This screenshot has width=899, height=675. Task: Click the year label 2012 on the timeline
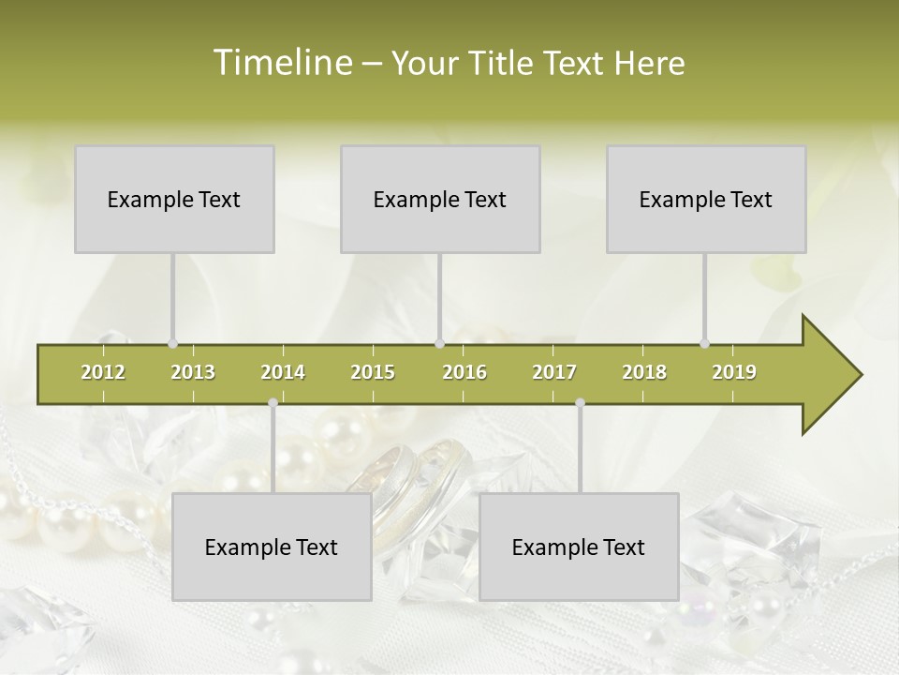[103, 372]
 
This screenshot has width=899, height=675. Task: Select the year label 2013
[193, 372]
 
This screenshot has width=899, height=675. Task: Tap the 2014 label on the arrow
[283, 372]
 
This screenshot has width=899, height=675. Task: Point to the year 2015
[373, 372]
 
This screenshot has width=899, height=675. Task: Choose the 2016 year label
[464, 372]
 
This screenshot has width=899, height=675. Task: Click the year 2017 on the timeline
[554, 372]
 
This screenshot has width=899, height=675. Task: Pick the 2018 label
[644, 372]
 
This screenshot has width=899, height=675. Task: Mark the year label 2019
[734, 372]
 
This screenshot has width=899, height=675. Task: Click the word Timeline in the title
[281, 63]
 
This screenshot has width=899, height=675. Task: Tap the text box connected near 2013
[174, 199]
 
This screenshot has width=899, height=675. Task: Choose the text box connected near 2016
[440, 199]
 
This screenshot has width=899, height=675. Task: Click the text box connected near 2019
[706, 199]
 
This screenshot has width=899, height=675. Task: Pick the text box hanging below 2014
[272, 547]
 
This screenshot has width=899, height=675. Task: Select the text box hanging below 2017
[579, 547]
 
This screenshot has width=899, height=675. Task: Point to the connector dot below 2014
[273, 403]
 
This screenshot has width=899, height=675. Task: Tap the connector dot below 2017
[580, 403]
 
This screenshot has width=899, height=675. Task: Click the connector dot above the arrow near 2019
[705, 343]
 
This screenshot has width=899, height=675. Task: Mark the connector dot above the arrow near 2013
[173, 343]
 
